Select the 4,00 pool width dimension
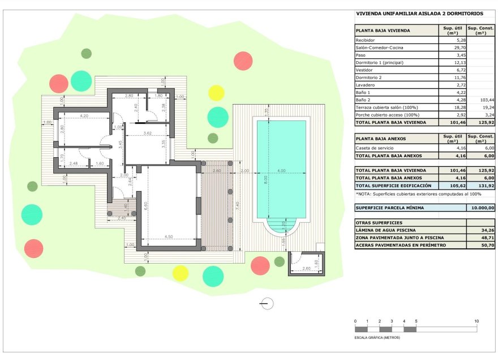pyautogui.click(x=281, y=171)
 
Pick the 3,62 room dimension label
pyautogui.click(x=148, y=133)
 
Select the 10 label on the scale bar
pyautogui.click(x=476, y=321)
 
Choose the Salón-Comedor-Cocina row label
pyautogui.click(x=379, y=48)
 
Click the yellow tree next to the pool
pyautogui.click(x=216, y=93)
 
